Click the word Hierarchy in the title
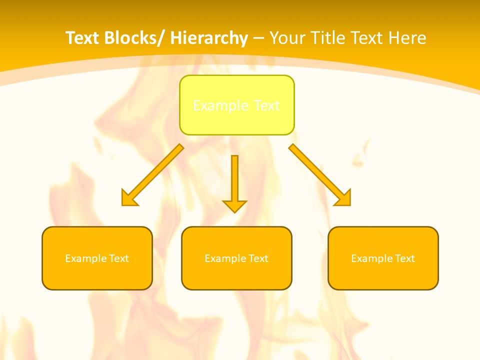pos(208,38)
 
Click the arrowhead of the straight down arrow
pos(234,206)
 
